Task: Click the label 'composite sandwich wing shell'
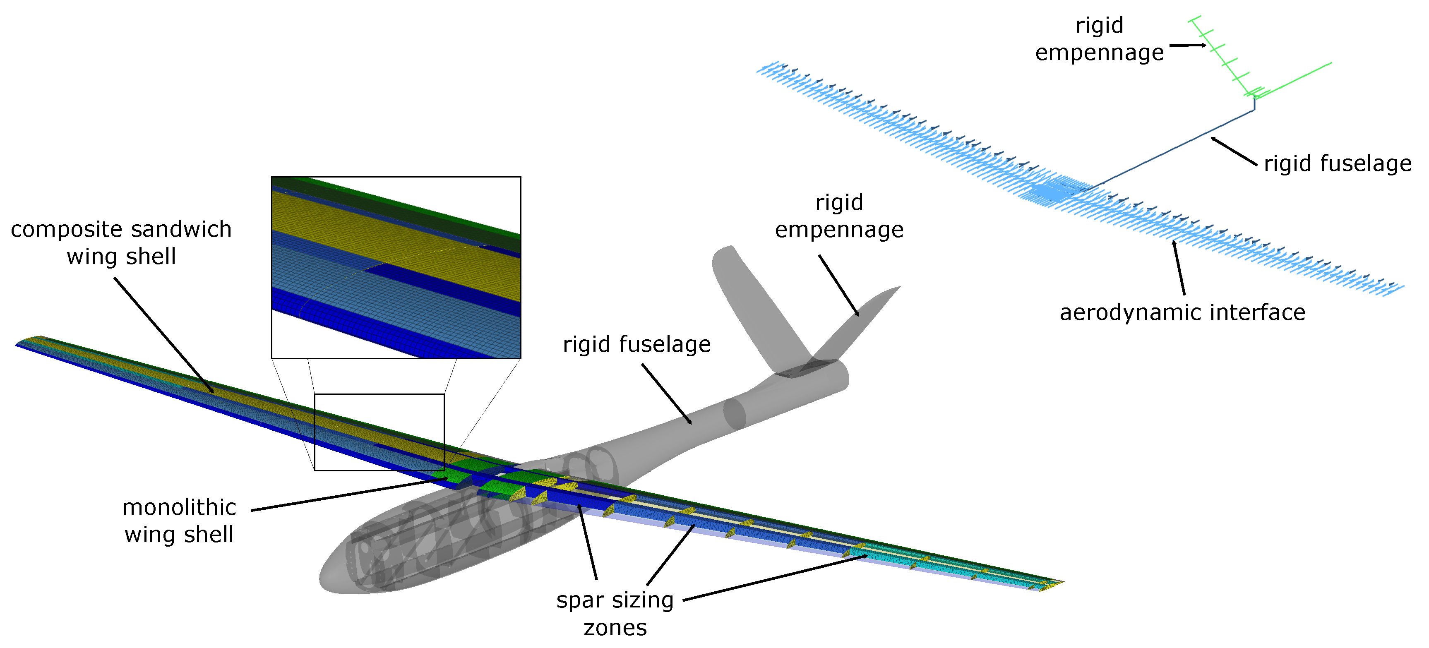pyautogui.click(x=121, y=243)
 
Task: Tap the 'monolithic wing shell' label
pyautogui.click(x=179, y=521)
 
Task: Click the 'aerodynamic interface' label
pyautogui.click(x=1182, y=312)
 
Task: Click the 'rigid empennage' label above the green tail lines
pyautogui.click(x=1100, y=39)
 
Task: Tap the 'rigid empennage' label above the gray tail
pyautogui.click(x=839, y=216)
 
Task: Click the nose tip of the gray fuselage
pyautogui.click(x=322, y=580)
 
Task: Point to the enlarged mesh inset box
pyautogui.click(x=396, y=267)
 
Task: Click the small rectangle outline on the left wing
pyautogui.click(x=379, y=432)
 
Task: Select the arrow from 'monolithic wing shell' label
pyautogui.click(x=349, y=494)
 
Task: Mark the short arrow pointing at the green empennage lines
pyautogui.click(x=1188, y=45)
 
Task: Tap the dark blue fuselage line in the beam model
pyautogui.click(x=1176, y=147)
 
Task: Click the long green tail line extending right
pyautogui.click(x=1292, y=80)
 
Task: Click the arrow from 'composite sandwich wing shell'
pyautogui.click(x=163, y=335)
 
